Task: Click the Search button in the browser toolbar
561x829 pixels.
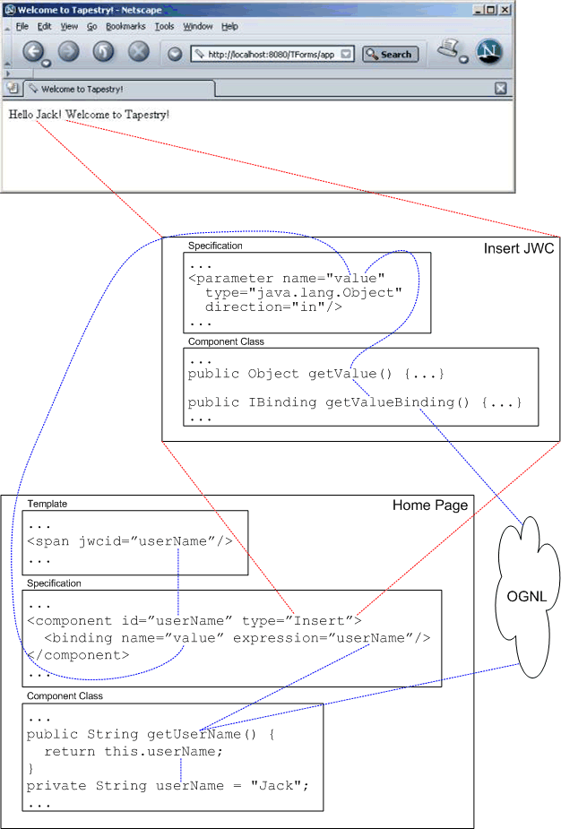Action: pyautogui.click(x=390, y=54)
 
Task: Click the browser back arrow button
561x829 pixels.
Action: pyautogui.click(x=34, y=52)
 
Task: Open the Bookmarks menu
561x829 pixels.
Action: pyautogui.click(x=125, y=27)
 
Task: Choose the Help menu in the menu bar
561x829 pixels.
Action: pyautogui.click(x=229, y=27)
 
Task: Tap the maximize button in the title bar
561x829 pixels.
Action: pyautogui.click(x=490, y=10)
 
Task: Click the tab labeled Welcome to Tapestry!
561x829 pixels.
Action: pyautogui.click(x=82, y=89)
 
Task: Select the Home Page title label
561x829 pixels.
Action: pyautogui.click(x=429, y=505)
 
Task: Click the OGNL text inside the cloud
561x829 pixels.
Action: pyautogui.click(x=527, y=597)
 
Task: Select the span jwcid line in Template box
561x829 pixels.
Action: pyautogui.click(x=130, y=541)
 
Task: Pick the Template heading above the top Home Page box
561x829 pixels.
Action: pyautogui.click(x=47, y=505)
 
